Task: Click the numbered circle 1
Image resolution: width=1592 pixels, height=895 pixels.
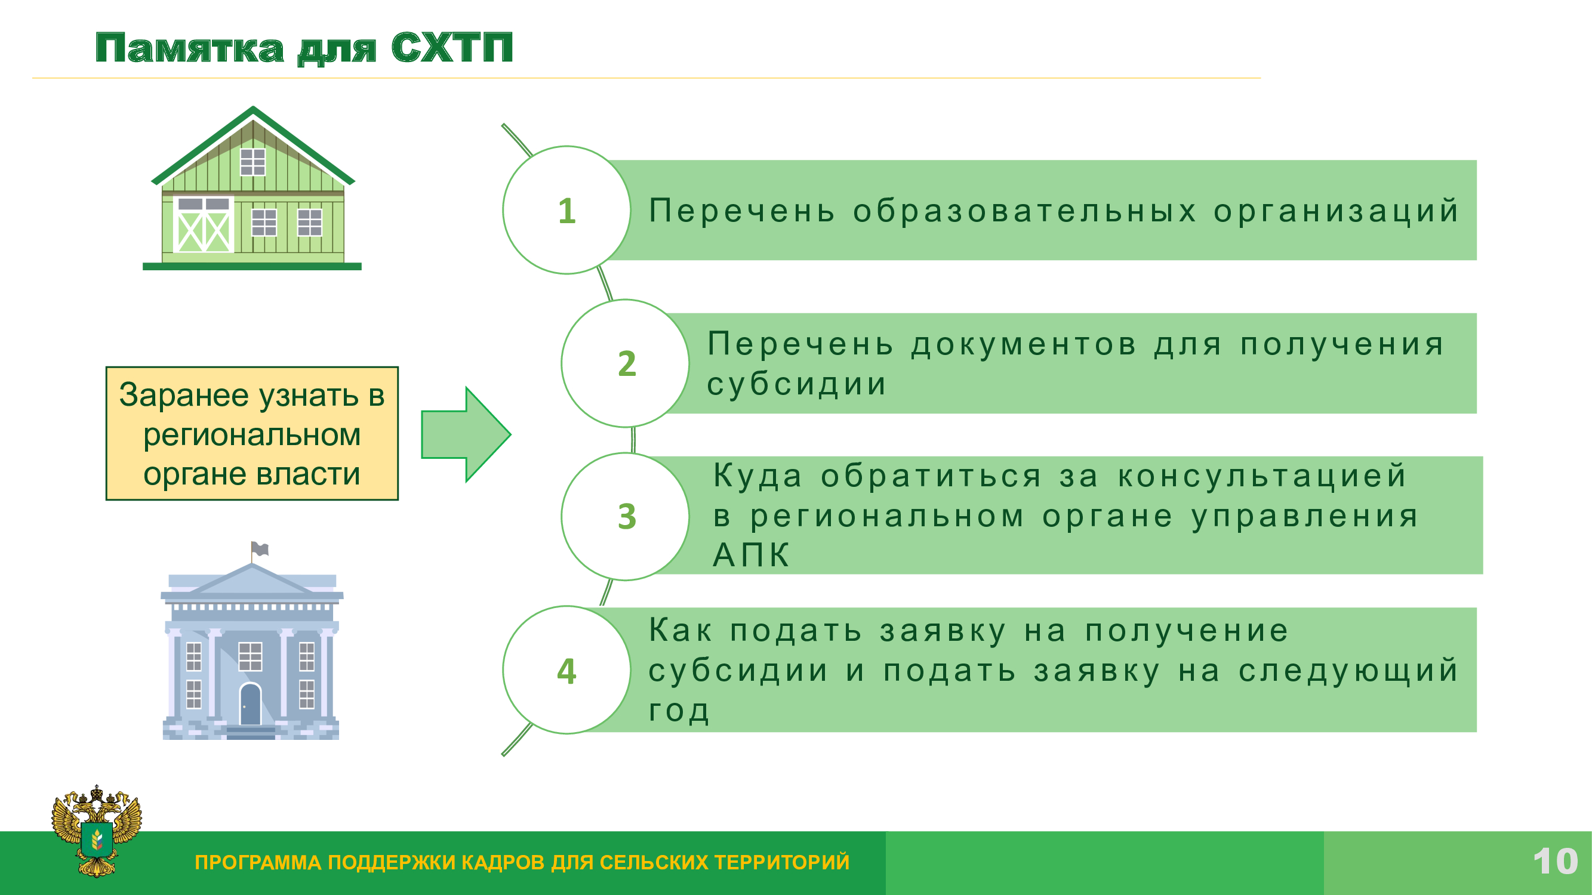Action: click(566, 210)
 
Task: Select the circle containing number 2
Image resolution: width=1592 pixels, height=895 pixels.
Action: click(626, 363)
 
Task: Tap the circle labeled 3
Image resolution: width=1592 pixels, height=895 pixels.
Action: click(626, 516)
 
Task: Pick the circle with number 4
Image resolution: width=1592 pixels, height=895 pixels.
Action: click(566, 669)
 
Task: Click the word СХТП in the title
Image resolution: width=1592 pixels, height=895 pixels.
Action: click(452, 48)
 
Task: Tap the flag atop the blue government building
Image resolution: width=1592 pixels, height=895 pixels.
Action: click(260, 548)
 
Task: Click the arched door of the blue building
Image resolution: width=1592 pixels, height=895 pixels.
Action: click(250, 704)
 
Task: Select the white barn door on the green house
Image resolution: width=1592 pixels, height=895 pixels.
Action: click(204, 225)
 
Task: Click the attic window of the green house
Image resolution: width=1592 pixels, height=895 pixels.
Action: click(252, 162)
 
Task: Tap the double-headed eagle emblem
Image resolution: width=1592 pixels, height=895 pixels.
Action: click(97, 831)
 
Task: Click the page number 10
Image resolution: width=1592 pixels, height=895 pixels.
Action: click(1556, 862)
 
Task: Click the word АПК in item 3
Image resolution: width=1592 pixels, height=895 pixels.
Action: click(751, 555)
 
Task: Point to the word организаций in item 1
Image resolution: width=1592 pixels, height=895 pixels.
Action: click(1335, 211)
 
